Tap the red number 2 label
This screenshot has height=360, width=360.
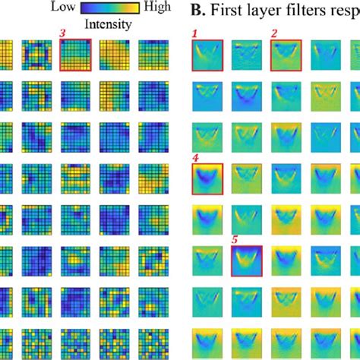[274, 34]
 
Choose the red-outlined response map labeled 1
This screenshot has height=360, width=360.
[206, 56]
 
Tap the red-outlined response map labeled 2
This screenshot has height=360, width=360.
[286, 56]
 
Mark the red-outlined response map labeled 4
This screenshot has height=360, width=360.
[206, 179]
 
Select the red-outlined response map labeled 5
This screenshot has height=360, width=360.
[246, 262]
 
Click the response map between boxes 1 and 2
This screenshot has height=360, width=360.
[246, 56]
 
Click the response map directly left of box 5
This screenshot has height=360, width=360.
[206, 262]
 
